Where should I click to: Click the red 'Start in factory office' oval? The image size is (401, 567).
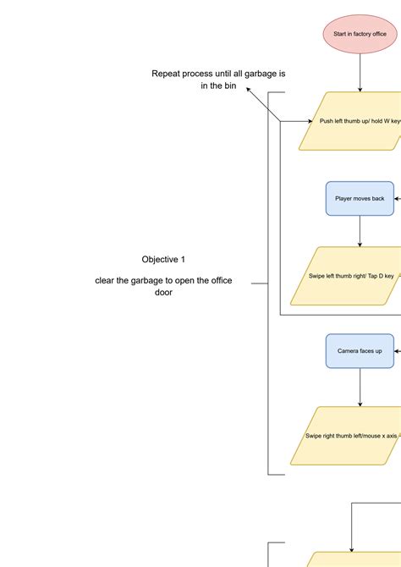[x=360, y=34]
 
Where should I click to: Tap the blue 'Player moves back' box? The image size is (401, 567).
[x=360, y=198]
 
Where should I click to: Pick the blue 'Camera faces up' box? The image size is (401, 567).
[x=360, y=350]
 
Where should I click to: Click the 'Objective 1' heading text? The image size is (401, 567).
[x=163, y=259]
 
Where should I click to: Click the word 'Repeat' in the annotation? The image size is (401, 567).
[x=168, y=74]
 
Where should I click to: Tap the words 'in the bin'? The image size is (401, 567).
[x=218, y=86]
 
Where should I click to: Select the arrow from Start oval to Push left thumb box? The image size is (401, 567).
[x=360, y=73]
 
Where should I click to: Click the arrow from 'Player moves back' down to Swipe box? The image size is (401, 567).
[x=360, y=231]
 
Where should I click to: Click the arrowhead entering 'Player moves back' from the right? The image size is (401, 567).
[x=397, y=198]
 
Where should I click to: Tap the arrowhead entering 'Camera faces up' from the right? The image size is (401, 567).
[x=397, y=350]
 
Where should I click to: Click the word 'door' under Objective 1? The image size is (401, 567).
[x=163, y=292]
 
